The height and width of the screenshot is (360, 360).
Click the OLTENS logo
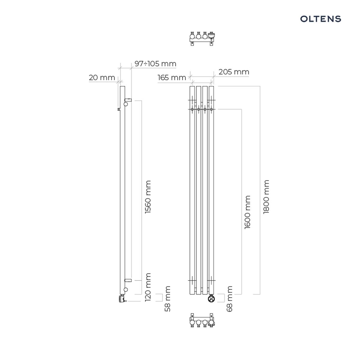click(320, 19)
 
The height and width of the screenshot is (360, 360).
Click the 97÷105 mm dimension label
click(155, 64)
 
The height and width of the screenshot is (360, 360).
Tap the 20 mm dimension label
click(102, 77)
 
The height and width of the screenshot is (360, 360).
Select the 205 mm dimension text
click(234, 72)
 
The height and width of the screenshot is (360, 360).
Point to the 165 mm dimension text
click(172, 77)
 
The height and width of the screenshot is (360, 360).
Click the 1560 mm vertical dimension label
click(148, 197)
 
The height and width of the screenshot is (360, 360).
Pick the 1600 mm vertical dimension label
click(247, 212)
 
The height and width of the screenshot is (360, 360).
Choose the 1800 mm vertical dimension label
click(266, 197)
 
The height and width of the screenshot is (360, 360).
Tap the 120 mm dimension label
click(148, 287)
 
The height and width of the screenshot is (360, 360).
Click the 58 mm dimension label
click(167, 299)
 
